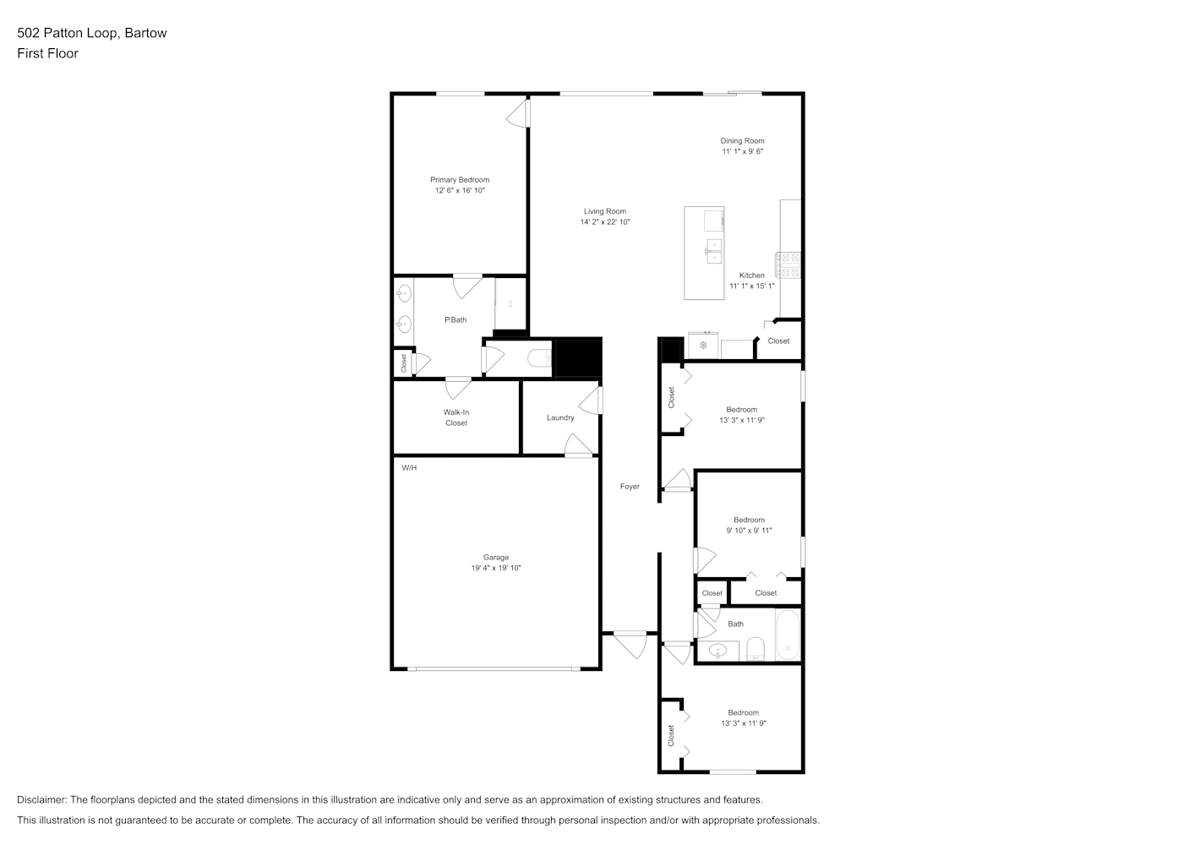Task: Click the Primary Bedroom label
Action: pyautogui.click(x=460, y=180)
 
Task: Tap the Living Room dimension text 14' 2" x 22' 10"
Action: pyautogui.click(x=605, y=222)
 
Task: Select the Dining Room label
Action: pyautogui.click(x=742, y=141)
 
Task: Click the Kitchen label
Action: pyautogui.click(x=751, y=275)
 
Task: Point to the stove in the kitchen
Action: pyautogui.click(x=788, y=265)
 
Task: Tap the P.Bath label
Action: pyautogui.click(x=456, y=319)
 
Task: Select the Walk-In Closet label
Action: pyautogui.click(x=456, y=417)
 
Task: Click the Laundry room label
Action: pyautogui.click(x=560, y=417)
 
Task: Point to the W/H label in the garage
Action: pyautogui.click(x=409, y=468)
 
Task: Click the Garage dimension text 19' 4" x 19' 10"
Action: pyautogui.click(x=495, y=568)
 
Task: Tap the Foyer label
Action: pyautogui.click(x=630, y=487)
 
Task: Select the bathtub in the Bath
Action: pyautogui.click(x=788, y=635)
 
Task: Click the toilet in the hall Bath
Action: pyautogui.click(x=755, y=649)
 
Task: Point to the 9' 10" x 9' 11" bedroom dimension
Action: pyautogui.click(x=749, y=531)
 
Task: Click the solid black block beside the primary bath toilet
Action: pyautogui.click(x=579, y=358)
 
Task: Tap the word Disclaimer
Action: pyautogui.click(x=41, y=799)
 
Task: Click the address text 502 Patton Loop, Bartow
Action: pyautogui.click(x=92, y=33)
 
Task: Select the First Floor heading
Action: pyautogui.click(x=47, y=53)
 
